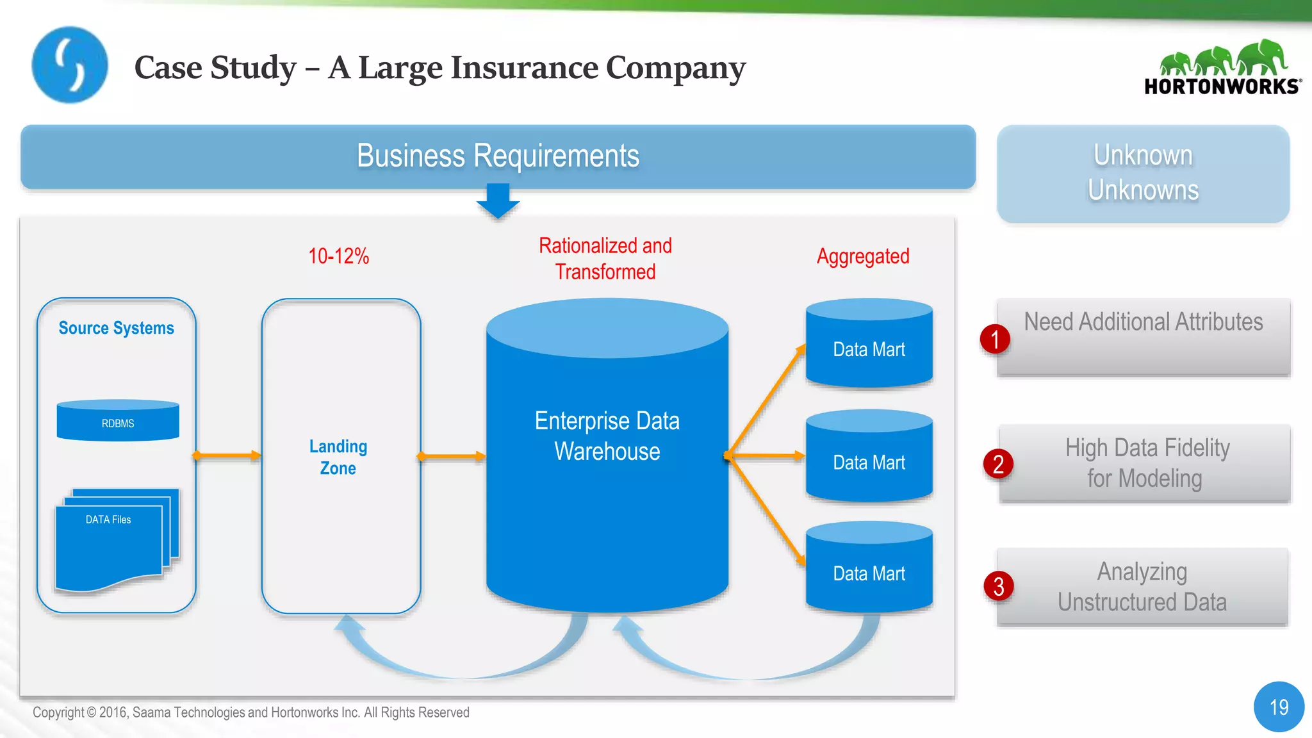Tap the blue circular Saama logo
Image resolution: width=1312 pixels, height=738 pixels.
pos(70,65)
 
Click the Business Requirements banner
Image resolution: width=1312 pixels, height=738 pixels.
pos(498,156)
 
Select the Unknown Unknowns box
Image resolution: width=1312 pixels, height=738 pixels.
pos(1143,173)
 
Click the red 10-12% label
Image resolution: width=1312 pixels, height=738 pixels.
pos(338,256)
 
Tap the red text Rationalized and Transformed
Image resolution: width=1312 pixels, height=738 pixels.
pos(605,258)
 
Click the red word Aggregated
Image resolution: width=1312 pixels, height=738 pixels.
pos(863,256)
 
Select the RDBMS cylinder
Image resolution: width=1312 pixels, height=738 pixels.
pos(118,421)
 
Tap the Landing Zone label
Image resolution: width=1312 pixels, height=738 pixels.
pos(338,457)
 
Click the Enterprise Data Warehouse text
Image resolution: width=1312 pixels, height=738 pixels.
pos(607,436)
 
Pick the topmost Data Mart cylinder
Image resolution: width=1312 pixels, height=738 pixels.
pos(869,344)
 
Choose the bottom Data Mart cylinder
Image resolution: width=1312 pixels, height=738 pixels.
pos(869,568)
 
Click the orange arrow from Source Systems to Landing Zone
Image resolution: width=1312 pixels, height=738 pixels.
pos(227,455)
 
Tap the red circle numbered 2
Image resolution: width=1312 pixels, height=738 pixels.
pos(998,464)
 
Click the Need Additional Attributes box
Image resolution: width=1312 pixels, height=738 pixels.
pos(1144,336)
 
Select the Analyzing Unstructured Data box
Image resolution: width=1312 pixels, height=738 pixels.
pos(1142,586)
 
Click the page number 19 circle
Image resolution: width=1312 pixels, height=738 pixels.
pos(1279,707)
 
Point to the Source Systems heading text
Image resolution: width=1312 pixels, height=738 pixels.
pos(116,328)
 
